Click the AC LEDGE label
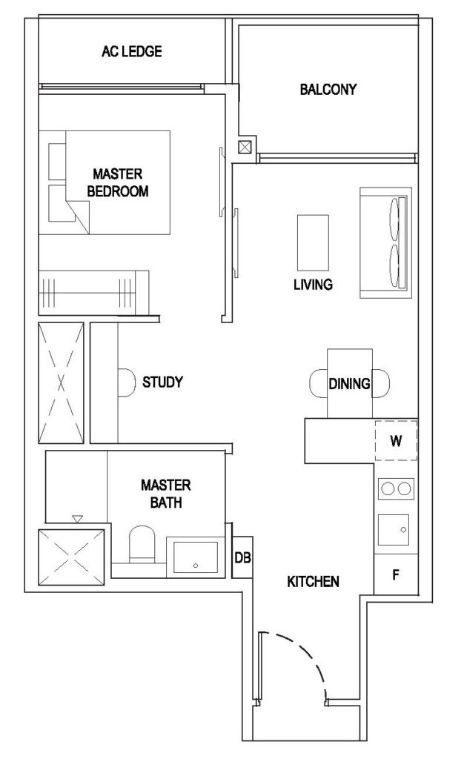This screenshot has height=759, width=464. [132, 51]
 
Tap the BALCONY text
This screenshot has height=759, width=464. [328, 89]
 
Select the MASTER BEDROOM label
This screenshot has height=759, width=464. [118, 182]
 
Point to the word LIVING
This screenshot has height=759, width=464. [313, 284]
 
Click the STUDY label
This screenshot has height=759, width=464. [162, 382]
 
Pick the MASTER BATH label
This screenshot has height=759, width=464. [166, 494]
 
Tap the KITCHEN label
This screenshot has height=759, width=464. [313, 581]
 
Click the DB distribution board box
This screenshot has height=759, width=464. [242, 557]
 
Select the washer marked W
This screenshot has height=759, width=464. [397, 440]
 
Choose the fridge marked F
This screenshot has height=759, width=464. [396, 574]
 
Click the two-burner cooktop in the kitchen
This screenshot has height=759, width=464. [397, 488]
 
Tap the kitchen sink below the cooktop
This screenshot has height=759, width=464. [394, 529]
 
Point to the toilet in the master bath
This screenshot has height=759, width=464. [142, 545]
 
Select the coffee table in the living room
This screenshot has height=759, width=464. [313, 242]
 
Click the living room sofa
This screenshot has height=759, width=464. [385, 242]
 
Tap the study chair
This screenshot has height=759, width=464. [127, 382]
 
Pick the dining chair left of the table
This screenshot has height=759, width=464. [319, 383]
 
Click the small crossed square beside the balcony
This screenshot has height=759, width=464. [245, 147]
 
